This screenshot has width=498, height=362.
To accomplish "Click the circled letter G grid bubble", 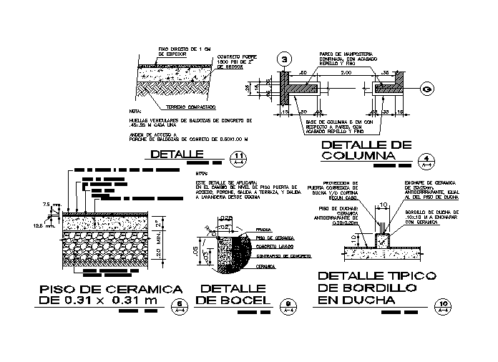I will [x=426, y=89].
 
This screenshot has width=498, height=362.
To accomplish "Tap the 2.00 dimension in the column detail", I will [x=346, y=73].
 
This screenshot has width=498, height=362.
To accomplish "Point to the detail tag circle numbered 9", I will [x=288, y=304].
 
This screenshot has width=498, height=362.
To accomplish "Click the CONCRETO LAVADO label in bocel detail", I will [x=270, y=245].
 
